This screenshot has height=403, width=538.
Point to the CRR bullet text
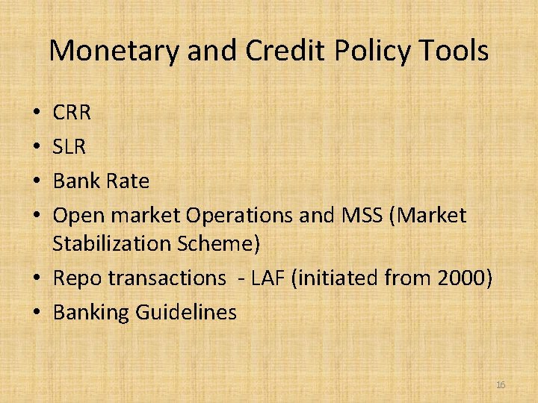[72, 113]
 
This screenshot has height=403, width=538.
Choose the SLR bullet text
[69, 147]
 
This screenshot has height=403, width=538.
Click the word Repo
[78, 278]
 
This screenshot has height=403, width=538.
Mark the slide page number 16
[501, 384]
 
